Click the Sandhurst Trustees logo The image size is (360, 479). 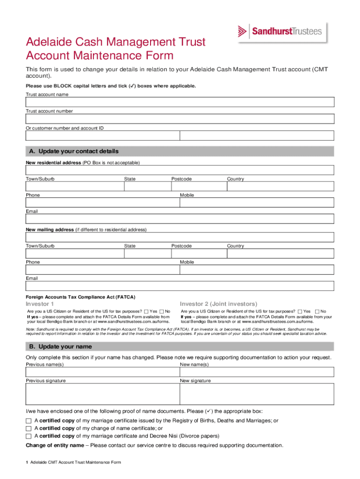click(x=280, y=32)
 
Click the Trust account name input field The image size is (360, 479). click(x=180, y=102)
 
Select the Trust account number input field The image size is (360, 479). click(x=180, y=119)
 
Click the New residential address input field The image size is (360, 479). click(x=180, y=170)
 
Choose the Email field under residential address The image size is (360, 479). click(x=180, y=219)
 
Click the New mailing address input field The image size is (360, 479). click(x=180, y=237)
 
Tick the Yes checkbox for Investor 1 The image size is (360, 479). click(x=146, y=312)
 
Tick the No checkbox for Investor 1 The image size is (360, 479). click(x=162, y=312)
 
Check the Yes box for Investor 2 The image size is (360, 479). click(x=300, y=312)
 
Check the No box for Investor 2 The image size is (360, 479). click(x=317, y=312)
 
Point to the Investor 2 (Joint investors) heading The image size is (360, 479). click(x=218, y=304)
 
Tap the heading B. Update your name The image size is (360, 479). click(x=65, y=347)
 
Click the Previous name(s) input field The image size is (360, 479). click(x=102, y=372)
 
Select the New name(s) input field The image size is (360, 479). click(x=257, y=372)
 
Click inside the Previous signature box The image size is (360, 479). click(x=102, y=394)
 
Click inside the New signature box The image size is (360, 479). click(x=257, y=394)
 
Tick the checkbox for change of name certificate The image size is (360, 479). click(x=29, y=428)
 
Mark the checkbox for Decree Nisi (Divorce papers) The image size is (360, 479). click(x=29, y=436)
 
